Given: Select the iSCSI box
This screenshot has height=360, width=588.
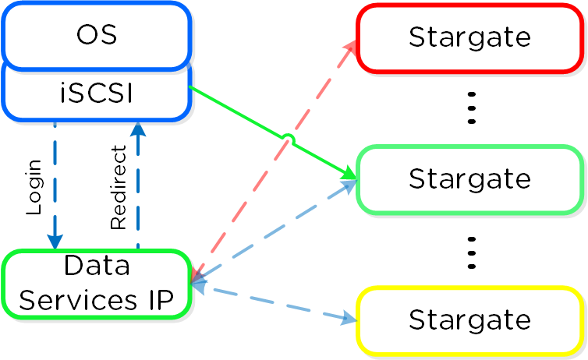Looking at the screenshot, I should point(97,94).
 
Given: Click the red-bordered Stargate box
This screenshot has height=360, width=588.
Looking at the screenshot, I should point(469,37).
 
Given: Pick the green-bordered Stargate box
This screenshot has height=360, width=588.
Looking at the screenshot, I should point(469,179).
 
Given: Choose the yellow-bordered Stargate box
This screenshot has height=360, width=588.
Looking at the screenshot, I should point(469,319).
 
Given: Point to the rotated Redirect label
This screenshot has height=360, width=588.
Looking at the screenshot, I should point(119,187).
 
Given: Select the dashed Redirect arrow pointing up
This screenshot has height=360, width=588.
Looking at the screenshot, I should point(138,187).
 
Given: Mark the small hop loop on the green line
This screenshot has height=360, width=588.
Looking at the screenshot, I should point(288,140).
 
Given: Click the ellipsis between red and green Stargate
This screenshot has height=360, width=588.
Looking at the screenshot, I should point(471,108).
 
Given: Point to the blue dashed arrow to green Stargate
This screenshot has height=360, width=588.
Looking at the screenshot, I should point(273,230).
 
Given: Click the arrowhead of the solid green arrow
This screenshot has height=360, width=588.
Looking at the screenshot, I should point(349,175).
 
